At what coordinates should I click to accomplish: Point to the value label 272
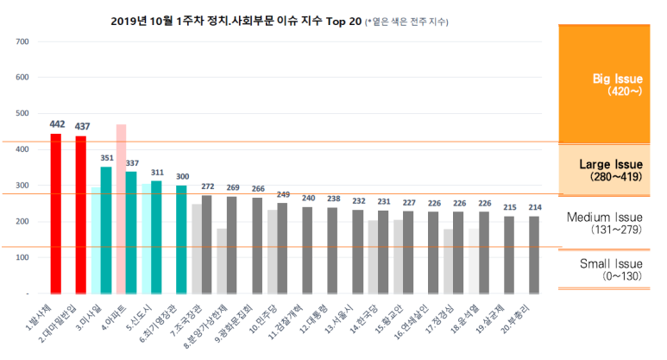[x=206, y=186]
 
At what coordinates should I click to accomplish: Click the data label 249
[x=282, y=194]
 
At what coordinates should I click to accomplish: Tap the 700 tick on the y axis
[x=22, y=41]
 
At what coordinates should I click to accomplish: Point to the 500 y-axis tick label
[x=22, y=113]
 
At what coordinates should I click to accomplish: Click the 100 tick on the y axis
[x=22, y=257]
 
